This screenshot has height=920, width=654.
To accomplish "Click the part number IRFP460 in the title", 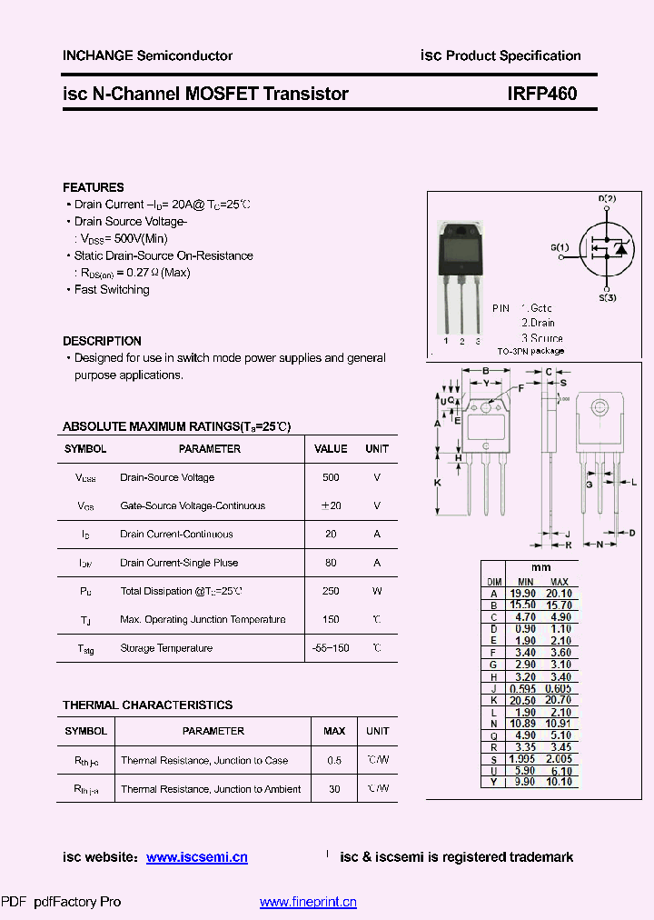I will coord(542,94).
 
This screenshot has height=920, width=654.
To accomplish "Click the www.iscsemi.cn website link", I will coord(196,857).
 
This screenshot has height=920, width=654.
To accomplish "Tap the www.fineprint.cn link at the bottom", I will coord(308,902).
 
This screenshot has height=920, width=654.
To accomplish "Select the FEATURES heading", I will coord(94,187).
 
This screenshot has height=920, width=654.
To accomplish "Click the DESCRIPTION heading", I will coord(102,341).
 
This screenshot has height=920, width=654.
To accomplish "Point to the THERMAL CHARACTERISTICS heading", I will coord(147,705).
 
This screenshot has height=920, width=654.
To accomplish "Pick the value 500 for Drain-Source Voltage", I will coord(331,477).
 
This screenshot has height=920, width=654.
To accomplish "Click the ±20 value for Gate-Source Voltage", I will coord(331,505).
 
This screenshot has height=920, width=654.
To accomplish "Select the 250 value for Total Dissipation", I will coord(331,591).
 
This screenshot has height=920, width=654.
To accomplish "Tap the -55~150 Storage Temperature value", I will coord(331,648).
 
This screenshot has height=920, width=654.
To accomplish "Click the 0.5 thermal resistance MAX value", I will coord(334,760).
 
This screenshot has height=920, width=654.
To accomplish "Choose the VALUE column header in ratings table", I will coord(331,449).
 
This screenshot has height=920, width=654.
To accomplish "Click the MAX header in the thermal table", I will coord(334,731).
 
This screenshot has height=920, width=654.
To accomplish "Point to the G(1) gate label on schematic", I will coord(560,247).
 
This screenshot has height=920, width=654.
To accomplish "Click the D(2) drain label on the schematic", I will coord(607,199).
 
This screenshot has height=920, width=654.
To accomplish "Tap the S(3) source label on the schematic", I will coord(608,297).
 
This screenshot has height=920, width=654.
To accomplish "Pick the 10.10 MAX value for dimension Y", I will coord(560,782).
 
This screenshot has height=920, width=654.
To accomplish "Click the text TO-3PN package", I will coord(530,351).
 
